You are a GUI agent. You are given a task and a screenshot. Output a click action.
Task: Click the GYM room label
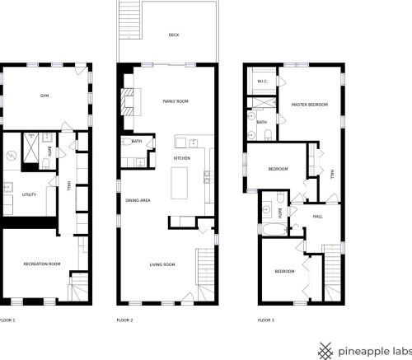point(44,96)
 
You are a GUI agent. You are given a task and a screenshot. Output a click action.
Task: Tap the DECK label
point(174,35)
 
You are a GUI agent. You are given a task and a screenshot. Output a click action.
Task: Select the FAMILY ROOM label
point(176,101)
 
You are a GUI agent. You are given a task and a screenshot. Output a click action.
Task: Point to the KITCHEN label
point(182,158)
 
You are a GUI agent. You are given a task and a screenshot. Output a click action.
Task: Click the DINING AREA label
point(138,200)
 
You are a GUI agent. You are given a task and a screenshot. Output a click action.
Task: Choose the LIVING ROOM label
point(162,264)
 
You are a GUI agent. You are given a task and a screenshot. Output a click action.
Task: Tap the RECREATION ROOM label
point(42,264)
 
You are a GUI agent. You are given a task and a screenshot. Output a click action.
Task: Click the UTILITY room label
point(29,194)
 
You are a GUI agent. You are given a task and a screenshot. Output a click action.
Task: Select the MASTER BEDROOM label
point(310,105)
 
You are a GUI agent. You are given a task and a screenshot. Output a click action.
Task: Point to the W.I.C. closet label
point(263,82)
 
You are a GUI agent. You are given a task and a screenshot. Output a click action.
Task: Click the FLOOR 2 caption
point(124,320)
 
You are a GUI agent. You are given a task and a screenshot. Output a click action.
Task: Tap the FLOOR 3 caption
point(266,320)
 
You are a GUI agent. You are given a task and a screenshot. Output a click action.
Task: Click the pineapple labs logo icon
point(325,351)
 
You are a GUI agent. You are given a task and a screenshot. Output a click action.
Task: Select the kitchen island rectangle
point(180,183)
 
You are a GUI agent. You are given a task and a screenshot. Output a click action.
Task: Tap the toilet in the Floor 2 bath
point(127,142)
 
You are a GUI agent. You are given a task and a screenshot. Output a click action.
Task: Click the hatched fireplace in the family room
point(128,102)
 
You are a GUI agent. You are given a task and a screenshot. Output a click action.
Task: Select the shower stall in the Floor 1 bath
point(30,147)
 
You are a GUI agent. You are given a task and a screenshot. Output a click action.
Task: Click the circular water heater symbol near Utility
point(12,156)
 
